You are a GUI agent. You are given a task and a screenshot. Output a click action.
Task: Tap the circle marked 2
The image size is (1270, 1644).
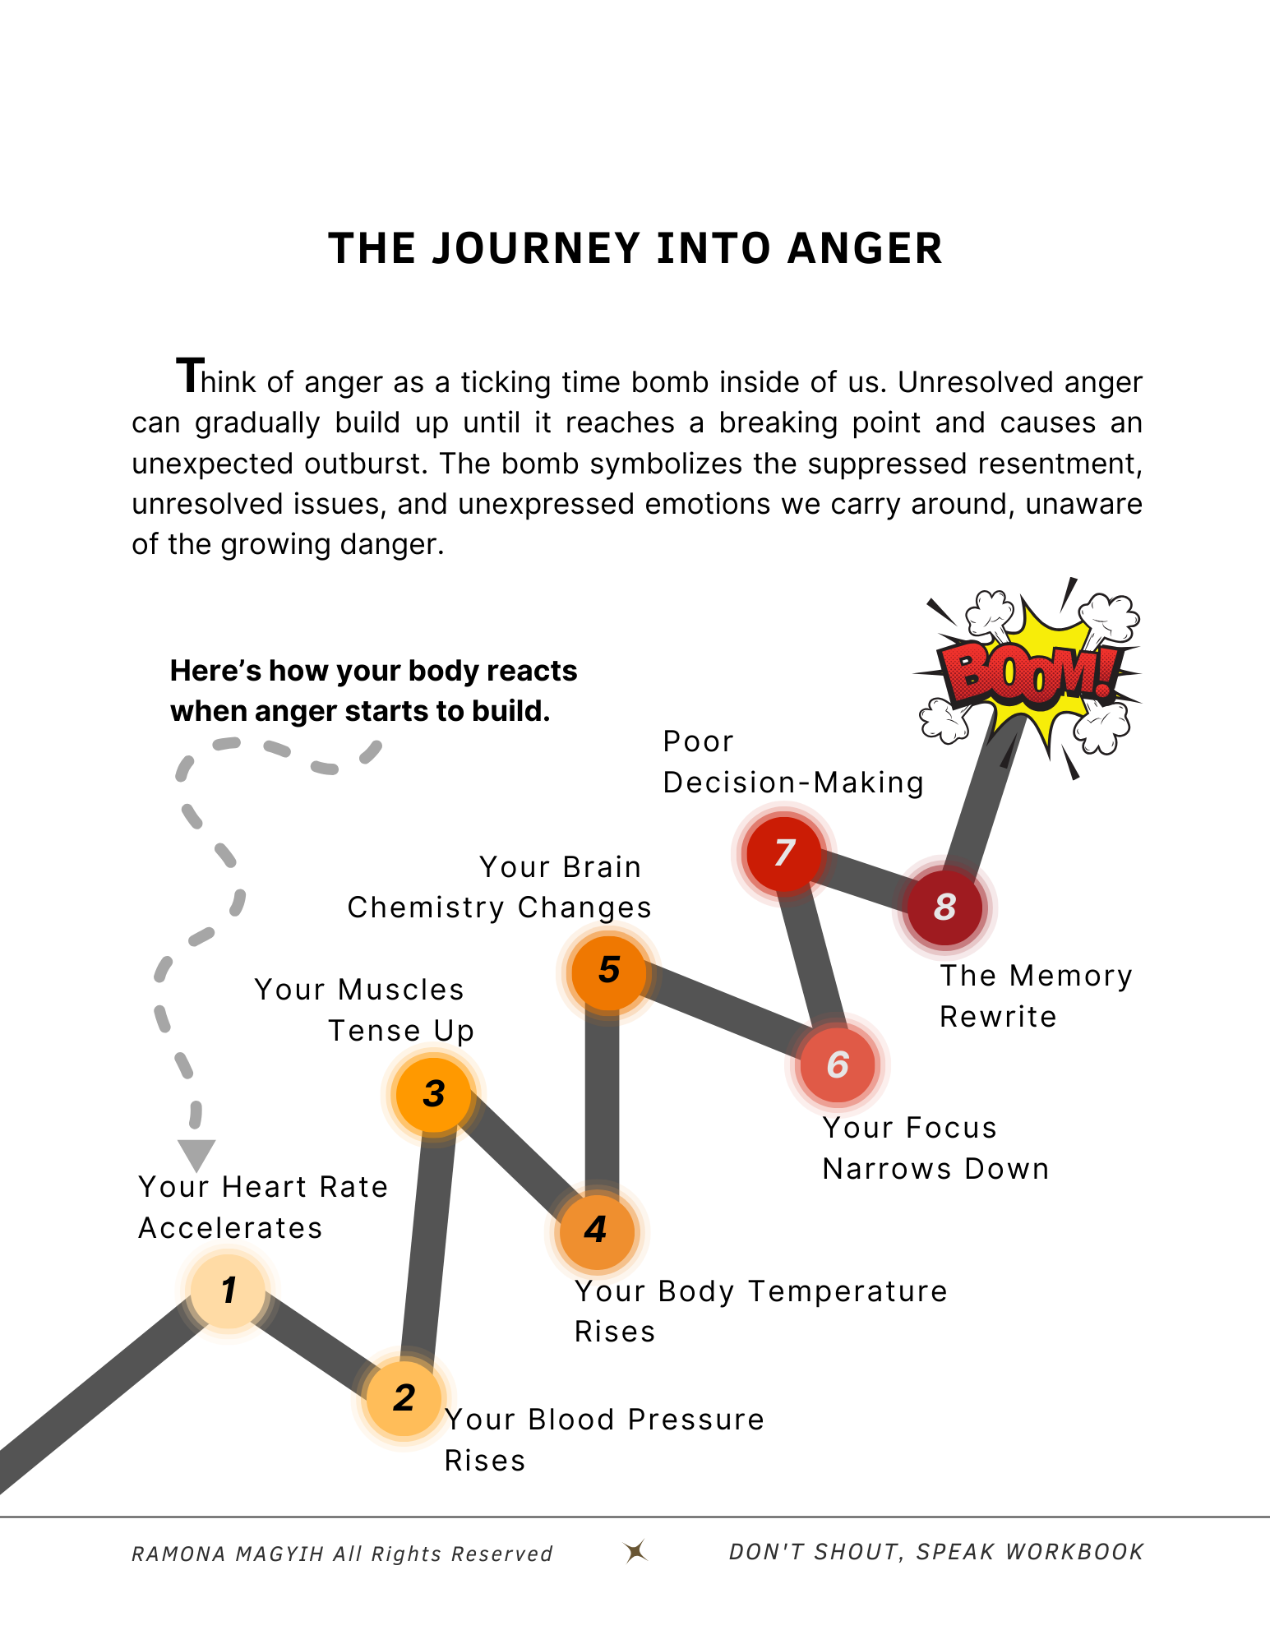[404, 1398]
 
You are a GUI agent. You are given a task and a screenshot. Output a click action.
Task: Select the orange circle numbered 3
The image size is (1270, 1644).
[433, 1094]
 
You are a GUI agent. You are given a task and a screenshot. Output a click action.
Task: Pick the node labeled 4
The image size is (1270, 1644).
[596, 1231]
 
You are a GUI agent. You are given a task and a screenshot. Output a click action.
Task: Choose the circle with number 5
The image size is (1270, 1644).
[608, 971]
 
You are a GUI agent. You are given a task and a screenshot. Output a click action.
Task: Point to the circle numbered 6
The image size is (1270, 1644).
[837, 1065]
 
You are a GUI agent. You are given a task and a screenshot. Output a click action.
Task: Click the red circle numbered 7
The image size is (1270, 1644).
[783, 853]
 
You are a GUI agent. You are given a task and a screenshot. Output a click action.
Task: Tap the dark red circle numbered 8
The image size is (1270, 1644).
[944, 907]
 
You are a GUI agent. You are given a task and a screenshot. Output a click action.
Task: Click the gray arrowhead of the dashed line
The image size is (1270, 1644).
[196, 1153]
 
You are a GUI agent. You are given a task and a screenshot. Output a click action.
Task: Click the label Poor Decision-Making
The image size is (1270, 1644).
[792, 762]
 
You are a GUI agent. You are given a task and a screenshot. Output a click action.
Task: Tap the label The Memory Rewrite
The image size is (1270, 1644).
[1036, 996]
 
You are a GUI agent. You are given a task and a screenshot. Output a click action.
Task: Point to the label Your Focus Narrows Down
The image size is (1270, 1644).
[935, 1148]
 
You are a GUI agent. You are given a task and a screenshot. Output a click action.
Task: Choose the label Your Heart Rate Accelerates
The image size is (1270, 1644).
[262, 1208]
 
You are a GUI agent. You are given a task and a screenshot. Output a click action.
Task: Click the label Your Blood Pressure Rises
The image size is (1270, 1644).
[603, 1440]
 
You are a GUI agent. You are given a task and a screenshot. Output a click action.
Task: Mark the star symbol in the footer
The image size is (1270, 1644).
[635, 1551]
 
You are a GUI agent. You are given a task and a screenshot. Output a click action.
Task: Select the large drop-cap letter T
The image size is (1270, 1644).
[190, 376]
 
